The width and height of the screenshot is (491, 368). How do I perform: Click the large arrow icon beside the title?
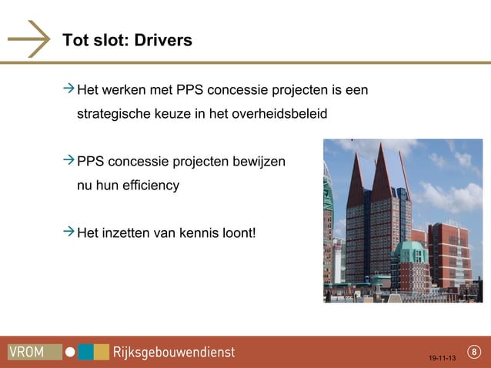(29, 38)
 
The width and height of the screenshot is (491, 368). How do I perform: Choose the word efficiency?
(151, 185)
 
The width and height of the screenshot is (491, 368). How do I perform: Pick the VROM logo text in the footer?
(27, 352)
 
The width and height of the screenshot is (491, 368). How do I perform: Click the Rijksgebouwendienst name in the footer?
(174, 352)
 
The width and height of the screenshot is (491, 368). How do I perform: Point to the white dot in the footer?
(70, 352)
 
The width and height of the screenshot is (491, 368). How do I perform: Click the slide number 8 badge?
(474, 353)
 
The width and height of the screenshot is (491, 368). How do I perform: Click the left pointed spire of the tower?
(356, 169)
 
